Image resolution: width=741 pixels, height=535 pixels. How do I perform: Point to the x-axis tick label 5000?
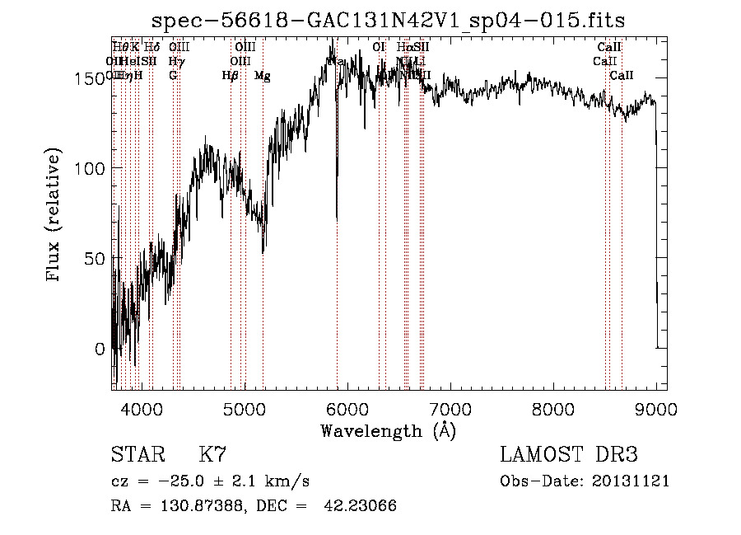tap(245, 407)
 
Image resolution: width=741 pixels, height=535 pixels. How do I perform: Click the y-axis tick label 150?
tap(88, 78)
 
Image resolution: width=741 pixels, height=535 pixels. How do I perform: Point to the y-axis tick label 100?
tap(88, 168)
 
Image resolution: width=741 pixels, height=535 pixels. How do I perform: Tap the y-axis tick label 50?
tap(93, 258)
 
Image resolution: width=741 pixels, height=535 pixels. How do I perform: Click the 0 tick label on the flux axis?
tap(99, 348)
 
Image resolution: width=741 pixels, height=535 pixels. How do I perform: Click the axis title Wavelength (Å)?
tap(389, 430)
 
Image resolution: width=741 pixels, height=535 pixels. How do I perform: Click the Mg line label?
tap(263, 76)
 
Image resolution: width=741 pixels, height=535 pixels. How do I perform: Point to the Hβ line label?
tap(230, 76)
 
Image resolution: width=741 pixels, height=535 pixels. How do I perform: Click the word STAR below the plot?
tap(137, 455)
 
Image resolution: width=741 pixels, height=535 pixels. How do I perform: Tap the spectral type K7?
tap(212, 455)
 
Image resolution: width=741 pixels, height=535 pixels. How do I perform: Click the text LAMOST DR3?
tap(569, 455)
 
